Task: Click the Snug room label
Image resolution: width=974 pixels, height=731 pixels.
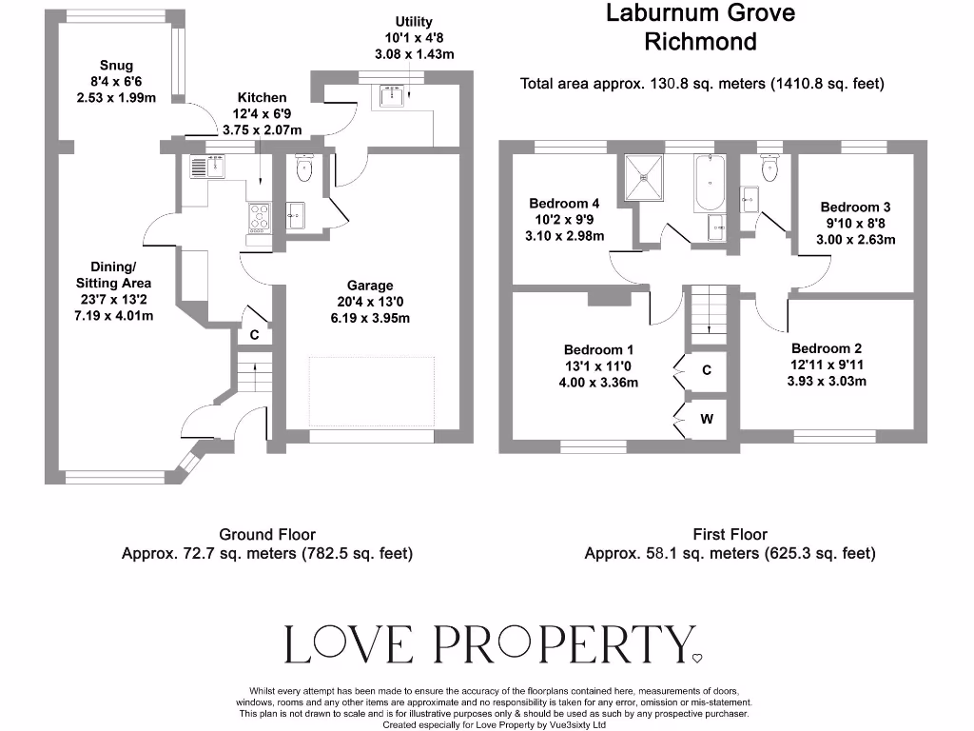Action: pos(115,67)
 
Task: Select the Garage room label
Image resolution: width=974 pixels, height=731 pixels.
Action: pos(370,286)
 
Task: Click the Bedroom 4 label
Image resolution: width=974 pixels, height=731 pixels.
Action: pos(564,204)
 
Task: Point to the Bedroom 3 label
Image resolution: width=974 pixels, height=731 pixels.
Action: pos(855,207)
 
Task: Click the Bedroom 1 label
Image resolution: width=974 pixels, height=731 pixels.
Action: pos(598,350)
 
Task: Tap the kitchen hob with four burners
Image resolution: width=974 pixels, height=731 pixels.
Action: pos(259,218)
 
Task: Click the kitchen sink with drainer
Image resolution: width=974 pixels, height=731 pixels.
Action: pos(206,168)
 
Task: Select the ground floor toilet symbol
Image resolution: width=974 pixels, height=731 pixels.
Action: pos(304,169)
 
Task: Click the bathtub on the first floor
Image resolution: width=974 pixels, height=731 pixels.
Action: pos(708,185)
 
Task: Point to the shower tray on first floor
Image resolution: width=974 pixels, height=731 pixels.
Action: pos(649,178)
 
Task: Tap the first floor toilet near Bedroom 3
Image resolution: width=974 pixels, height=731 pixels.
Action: pos(770,168)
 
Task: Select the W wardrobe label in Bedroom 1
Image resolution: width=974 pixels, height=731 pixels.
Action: pos(707,417)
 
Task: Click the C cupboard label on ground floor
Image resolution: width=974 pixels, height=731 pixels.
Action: pos(254,335)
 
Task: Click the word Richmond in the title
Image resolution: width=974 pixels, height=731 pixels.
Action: pos(700,42)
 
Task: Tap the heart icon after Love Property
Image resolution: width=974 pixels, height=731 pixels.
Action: pos(696,657)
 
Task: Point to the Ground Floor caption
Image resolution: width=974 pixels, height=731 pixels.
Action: pos(266,535)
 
